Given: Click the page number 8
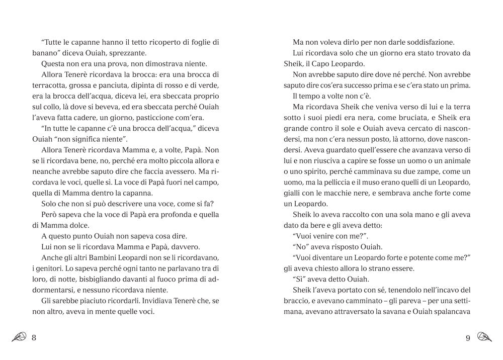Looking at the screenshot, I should [x=34, y=337].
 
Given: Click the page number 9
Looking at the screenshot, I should [x=468, y=337].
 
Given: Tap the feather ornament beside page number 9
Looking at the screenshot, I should [x=484, y=337].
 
